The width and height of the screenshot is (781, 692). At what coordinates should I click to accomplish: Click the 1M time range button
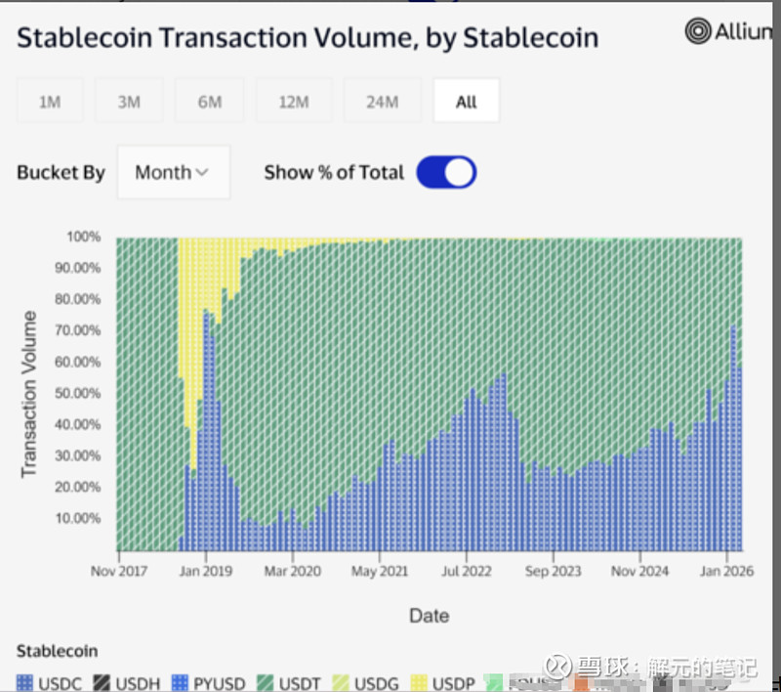(x=49, y=102)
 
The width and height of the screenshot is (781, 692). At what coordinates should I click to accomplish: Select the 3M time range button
(x=129, y=102)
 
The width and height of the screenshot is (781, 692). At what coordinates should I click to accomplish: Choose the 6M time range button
(x=210, y=102)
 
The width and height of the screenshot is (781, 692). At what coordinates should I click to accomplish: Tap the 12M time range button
(x=293, y=102)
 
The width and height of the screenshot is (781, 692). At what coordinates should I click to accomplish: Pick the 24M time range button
(x=382, y=102)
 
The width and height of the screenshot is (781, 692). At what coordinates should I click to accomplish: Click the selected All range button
(x=467, y=102)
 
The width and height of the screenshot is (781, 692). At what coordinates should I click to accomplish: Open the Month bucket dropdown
(x=173, y=173)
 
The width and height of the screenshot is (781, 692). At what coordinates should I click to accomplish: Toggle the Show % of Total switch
(x=446, y=173)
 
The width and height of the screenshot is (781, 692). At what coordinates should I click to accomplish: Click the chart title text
(x=308, y=38)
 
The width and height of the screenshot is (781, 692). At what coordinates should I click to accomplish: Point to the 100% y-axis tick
(x=84, y=238)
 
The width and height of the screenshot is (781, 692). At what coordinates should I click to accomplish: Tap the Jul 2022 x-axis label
(x=465, y=572)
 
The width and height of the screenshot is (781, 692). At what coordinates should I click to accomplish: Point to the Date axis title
(x=429, y=616)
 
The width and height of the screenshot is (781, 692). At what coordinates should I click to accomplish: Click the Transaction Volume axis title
(x=29, y=394)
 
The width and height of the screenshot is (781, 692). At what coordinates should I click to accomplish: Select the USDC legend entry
(x=50, y=683)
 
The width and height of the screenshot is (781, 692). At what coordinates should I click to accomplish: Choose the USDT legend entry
(x=289, y=683)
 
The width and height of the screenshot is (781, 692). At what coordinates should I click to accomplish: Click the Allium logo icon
(x=698, y=31)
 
